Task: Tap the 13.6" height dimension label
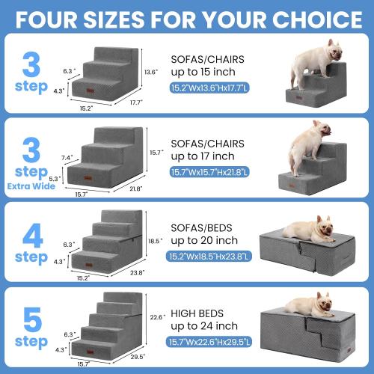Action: pos(150,72)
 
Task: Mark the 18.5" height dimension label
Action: pos(155,241)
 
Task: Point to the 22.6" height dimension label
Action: pos(156,316)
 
